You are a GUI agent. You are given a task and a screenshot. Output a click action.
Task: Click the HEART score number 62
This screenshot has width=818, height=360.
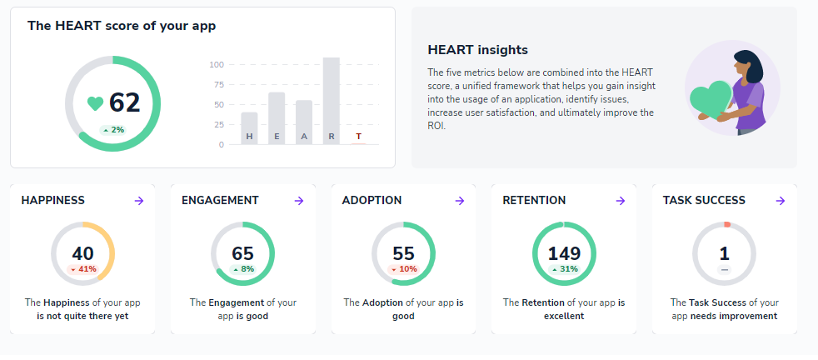point(124,102)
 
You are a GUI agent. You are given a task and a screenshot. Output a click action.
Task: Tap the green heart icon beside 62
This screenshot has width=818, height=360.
point(96,103)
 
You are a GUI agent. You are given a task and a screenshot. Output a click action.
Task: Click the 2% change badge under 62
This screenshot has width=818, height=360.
point(112,129)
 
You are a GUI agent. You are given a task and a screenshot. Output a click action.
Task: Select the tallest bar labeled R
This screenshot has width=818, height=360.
point(331,100)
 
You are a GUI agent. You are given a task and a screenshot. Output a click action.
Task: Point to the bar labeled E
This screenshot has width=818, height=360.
point(277,117)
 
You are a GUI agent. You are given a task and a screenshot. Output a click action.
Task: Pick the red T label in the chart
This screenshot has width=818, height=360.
point(358,136)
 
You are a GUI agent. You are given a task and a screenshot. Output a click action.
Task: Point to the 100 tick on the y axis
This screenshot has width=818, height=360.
point(217,64)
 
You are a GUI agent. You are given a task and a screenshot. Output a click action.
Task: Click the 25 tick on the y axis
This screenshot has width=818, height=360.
point(218,125)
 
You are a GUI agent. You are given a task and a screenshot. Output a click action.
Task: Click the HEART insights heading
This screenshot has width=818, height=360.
point(477,51)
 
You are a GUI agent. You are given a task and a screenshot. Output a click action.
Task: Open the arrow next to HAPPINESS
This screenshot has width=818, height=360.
point(139,201)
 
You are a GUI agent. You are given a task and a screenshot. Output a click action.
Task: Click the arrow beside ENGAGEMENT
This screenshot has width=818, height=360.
point(299,201)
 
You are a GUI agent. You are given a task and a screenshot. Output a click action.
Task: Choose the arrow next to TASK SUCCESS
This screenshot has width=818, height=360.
point(781,201)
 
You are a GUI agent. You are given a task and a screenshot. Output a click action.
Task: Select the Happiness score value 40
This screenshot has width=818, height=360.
point(82,253)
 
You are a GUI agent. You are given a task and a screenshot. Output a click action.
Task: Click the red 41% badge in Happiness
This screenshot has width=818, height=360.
point(83,269)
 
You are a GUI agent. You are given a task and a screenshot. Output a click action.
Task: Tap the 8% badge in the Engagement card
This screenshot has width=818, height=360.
point(243,269)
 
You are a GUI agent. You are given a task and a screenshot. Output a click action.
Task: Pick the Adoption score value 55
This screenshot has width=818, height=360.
point(403,253)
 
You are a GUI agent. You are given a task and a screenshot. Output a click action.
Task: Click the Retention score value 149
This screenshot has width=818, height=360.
point(564,253)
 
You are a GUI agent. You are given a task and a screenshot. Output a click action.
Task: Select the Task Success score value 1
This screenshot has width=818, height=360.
point(725,253)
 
